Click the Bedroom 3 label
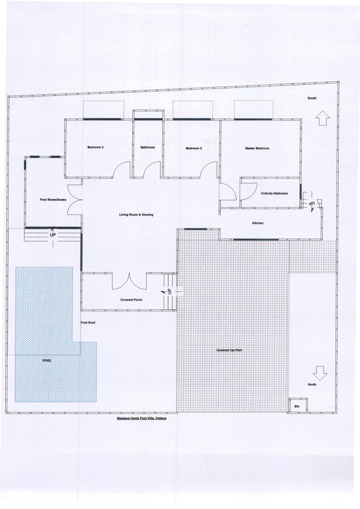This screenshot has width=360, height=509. click(x=95, y=147)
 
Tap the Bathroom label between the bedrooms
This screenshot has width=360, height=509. click(x=148, y=147)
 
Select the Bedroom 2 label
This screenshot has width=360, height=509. click(x=194, y=148)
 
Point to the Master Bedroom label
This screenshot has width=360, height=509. click(x=257, y=148)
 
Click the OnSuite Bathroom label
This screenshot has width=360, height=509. click(x=274, y=194)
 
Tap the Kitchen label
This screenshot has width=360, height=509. click(x=258, y=223)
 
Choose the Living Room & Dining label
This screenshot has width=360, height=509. click(x=136, y=215)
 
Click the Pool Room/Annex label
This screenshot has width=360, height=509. click(x=53, y=200)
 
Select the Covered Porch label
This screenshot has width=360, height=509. click(x=131, y=300)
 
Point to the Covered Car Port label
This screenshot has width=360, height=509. click(x=230, y=350)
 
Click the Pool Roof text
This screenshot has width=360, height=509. click(x=87, y=323)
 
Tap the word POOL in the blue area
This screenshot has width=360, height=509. click(x=47, y=361)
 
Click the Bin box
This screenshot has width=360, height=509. click(x=297, y=406)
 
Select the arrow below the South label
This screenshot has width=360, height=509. click(x=322, y=118)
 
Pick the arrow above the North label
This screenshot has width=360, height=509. click(x=321, y=373)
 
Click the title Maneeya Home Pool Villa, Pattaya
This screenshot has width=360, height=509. click(x=142, y=418)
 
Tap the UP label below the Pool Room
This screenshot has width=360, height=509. click(x=52, y=234)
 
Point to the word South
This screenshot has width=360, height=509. click(x=312, y=98)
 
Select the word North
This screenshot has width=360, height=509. click(x=312, y=385)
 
